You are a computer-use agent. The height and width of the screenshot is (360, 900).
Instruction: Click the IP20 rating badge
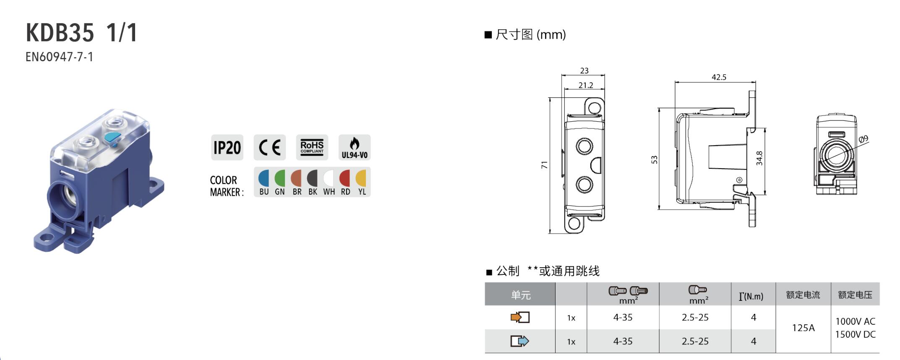coord(227,147)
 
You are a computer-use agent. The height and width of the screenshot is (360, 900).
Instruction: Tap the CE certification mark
coord(269,147)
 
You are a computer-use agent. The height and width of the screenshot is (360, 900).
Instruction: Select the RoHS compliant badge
coord(312,147)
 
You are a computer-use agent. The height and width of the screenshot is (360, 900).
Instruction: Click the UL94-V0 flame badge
coord(355,147)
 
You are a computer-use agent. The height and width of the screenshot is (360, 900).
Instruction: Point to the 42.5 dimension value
coord(719,77)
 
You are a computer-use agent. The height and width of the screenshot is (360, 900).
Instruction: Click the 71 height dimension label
coord(545,165)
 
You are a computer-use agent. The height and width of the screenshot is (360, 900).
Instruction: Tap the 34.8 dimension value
coord(759,159)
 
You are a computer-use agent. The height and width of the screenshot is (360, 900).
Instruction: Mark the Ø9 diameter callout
coord(863,139)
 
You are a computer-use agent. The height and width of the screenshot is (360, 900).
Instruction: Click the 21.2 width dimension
coord(586,85)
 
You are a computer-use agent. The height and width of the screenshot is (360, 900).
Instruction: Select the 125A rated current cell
coord(803,328)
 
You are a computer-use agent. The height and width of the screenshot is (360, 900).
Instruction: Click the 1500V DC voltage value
coord(855,334)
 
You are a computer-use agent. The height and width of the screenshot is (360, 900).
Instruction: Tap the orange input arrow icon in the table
coord(520,317)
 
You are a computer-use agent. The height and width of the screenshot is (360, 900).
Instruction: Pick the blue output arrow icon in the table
coord(520,341)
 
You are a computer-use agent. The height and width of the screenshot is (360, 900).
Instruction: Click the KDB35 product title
coord(60,33)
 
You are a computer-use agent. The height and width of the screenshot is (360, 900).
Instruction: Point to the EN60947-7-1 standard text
coord(59,57)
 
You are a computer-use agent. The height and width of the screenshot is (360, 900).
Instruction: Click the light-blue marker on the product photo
coord(112,137)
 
